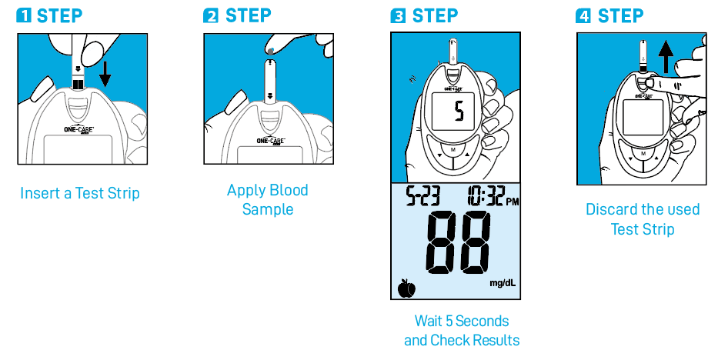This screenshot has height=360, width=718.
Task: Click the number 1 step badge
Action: coord(23,15)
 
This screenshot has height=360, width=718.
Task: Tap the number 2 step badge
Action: coord(211,15)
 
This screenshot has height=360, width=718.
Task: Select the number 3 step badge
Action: coord(397,15)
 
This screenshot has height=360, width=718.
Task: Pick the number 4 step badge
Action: coord(583,15)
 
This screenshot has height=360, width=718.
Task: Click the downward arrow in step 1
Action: coord(105,75)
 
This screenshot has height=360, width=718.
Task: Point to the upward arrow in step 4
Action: coord(666,56)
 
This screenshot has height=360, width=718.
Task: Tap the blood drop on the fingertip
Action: coord(272,51)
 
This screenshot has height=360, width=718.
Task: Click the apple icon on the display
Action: coord(406,288)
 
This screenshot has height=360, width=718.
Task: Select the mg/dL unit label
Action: coord(503,283)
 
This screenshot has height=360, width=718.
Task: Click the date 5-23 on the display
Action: coord(423,196)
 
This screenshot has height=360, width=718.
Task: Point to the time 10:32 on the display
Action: coord(486,196)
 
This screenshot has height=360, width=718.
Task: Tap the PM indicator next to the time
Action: coord(513,202)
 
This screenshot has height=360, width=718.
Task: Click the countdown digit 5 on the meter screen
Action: coord(459,112)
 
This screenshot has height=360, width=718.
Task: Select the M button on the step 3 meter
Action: coord(453,150)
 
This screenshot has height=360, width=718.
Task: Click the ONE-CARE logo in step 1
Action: coord(78,129)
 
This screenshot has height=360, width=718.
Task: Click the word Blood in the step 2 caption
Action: coord(289,190)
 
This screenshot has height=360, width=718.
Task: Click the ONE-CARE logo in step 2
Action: coord(271,141)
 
